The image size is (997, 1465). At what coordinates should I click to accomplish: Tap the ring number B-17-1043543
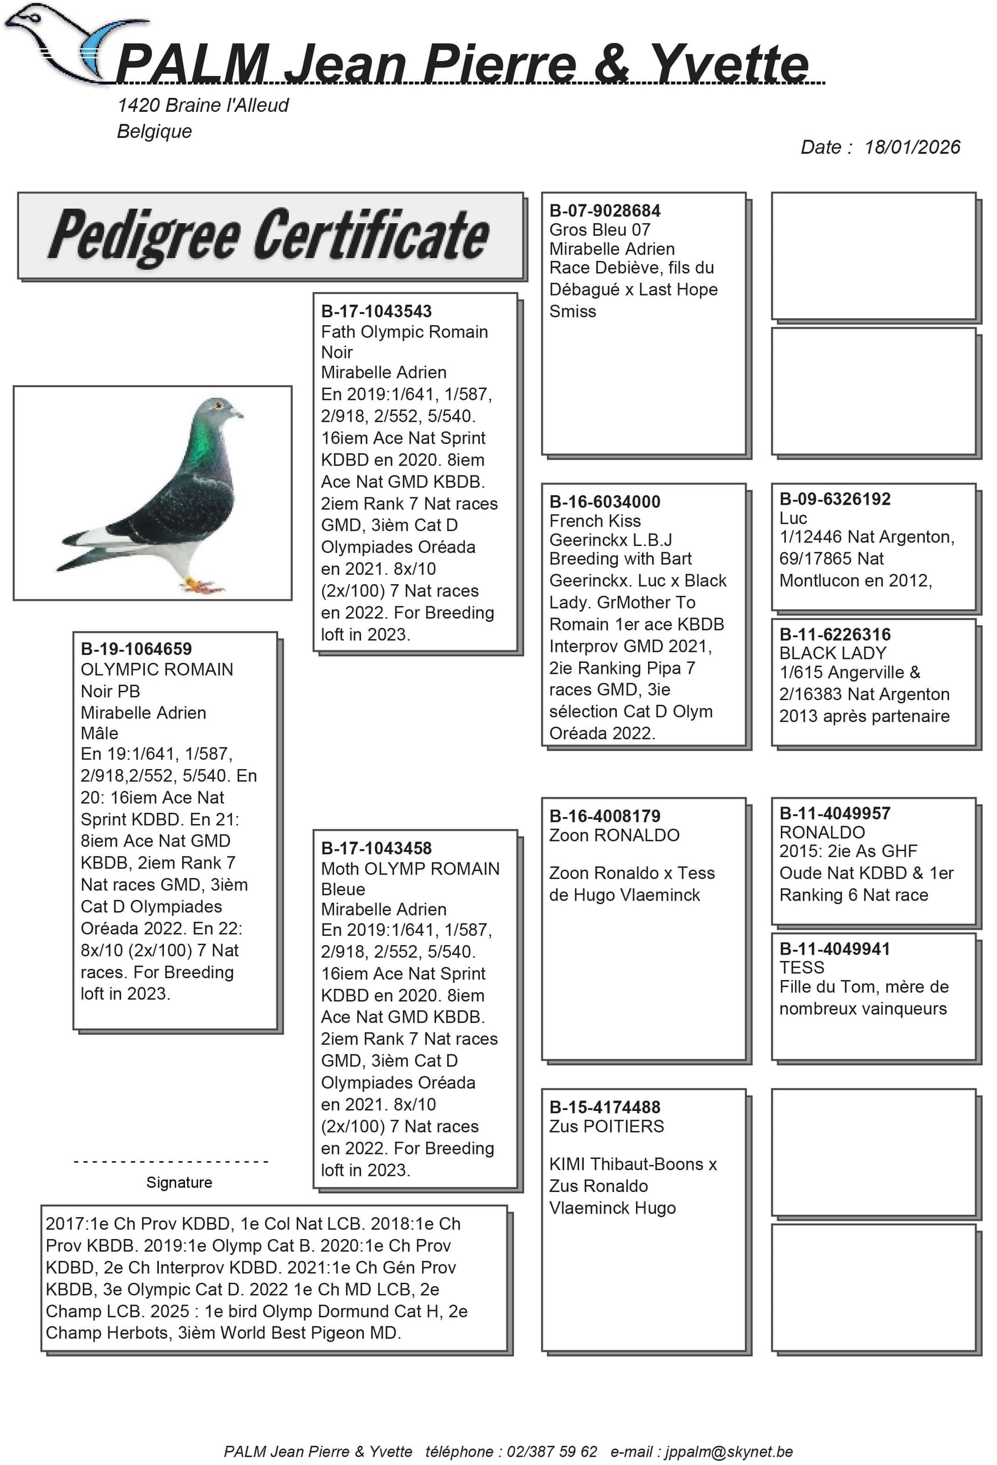(x=376, y=311)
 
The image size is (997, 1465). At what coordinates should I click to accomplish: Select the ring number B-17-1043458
(x=376, y=848)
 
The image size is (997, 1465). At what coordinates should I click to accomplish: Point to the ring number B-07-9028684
(x=604, y=210)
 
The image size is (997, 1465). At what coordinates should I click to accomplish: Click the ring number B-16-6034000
(x=604, y=502)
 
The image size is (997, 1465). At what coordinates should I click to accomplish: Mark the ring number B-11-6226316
(x=834, y=634)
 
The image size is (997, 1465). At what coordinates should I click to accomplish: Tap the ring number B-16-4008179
(x=604, y=816)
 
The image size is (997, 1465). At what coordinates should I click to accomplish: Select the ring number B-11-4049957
(x=834, y=813)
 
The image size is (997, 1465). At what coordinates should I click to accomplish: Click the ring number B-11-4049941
(x=834, y=949)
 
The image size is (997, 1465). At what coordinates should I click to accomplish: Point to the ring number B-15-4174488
(x=604, y=1107)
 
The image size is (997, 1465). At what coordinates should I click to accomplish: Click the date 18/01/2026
(x=911, y=148)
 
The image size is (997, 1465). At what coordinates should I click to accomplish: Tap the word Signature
(x=179, y=1182)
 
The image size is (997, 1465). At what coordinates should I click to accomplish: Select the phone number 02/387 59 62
(x=551, y=1451)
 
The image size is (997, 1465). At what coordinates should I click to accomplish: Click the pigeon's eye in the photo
(x=218, y=404)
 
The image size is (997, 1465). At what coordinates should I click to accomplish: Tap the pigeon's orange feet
(x=201, y=585)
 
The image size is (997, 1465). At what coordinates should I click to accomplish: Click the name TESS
(x=801, y=968)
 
